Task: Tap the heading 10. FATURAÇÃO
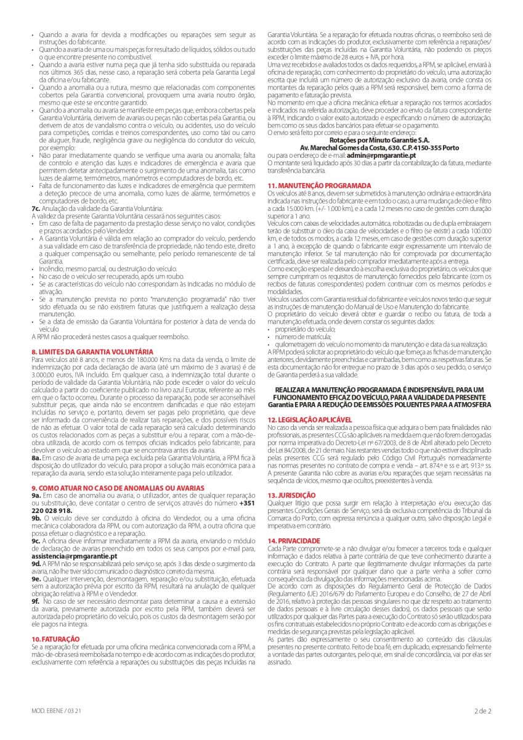tap(55, 638)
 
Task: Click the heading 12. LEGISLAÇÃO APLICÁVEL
tap(310, 419)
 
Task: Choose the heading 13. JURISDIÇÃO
tap(292, 495)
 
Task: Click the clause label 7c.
tap(36, 208)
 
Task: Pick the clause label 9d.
tap(36, 563)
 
